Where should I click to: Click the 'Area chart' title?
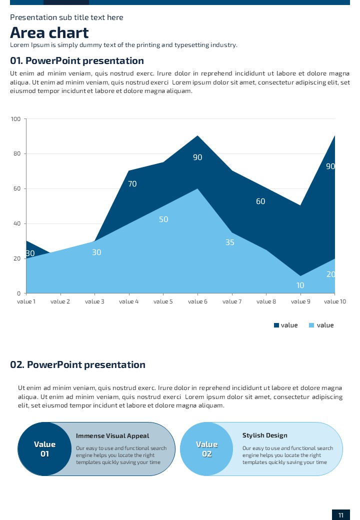coord(49,33)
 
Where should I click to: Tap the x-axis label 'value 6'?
coord(198,301)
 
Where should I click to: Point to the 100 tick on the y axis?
coord(15,119)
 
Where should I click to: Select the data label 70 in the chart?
coord(132,184)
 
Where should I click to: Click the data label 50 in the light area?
coord(163,219)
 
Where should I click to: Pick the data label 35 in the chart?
coord(230,242)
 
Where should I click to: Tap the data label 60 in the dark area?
coord(260,201)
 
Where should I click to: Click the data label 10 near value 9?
coord(300,285)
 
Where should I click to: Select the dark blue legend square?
coord(276,325)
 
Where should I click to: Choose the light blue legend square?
coord(311,325)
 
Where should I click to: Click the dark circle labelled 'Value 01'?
coord(45,449)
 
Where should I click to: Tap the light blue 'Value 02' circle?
coord(206,449)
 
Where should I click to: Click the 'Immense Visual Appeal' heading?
coord(112,436)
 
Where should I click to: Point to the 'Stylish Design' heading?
coord(265,435)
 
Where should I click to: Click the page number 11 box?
coord(340,515)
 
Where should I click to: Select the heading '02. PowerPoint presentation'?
coord(77,364)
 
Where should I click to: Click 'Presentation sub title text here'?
coord(66,17)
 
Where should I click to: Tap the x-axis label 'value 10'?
coord(334,301)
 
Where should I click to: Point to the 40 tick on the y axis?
coord(17,223)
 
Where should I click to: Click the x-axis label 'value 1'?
coord(26,301)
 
